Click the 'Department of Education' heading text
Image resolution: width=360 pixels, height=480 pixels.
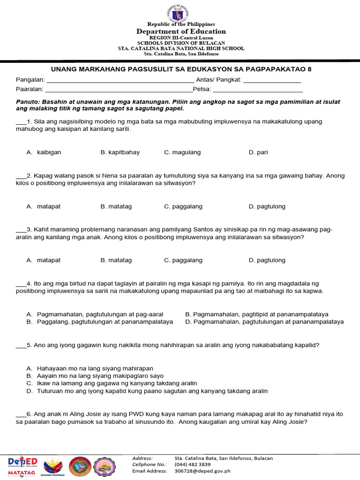point(181,31)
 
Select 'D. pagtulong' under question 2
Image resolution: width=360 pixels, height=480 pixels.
point(267,206)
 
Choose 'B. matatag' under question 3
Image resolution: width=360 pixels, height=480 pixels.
point(116,260)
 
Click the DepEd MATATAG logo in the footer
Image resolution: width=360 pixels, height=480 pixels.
point(22,467)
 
